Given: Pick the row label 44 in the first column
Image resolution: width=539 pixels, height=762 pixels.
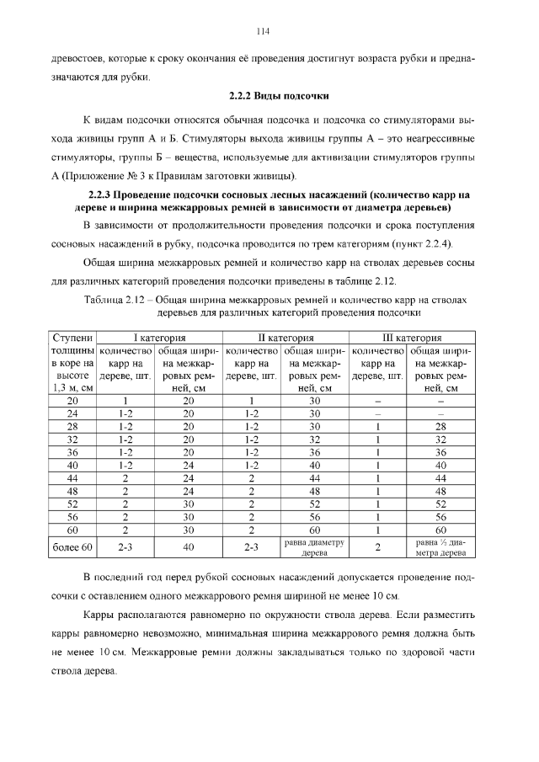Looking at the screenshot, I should tap(73, 477).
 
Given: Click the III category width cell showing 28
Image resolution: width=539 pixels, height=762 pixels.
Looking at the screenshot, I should tap(440, 427).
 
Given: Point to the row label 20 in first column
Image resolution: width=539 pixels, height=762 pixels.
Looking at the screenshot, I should tap(73, 401).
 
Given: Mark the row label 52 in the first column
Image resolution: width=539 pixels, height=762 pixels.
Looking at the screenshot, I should tap(73, 504).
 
